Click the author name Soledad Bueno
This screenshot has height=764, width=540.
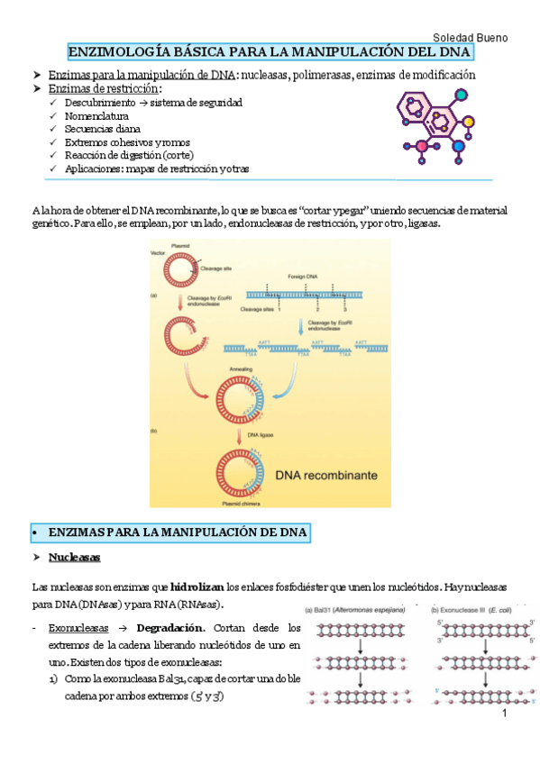point(471,38)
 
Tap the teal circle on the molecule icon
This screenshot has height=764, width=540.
point(462,94)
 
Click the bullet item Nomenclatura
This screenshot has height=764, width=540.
point(96,116)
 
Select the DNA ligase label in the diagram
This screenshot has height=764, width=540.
point(262,434)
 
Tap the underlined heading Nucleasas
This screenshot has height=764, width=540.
point(75,559)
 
